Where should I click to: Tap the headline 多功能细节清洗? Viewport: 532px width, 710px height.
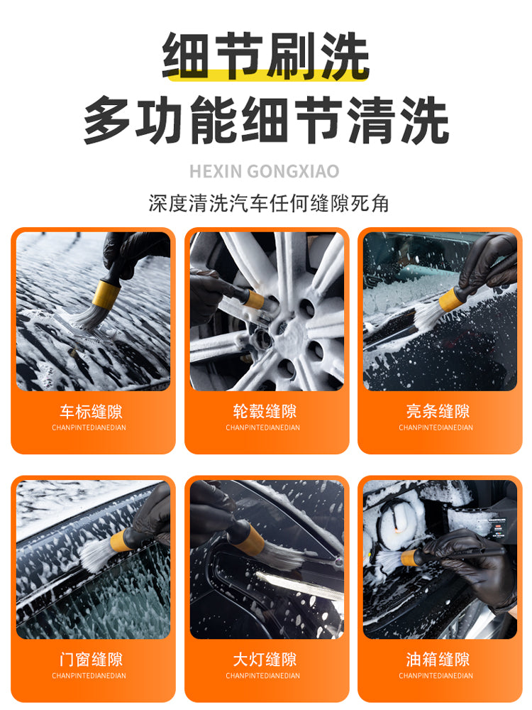click(266, 120)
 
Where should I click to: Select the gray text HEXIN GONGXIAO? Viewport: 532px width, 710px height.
click(265, 172)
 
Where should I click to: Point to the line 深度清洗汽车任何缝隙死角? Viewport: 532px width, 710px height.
click(269, 203)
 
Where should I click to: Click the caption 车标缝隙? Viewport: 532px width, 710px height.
click(91, 412)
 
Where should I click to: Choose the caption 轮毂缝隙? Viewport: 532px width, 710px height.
click(265, 412)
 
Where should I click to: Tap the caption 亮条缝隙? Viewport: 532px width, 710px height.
click(438, 412)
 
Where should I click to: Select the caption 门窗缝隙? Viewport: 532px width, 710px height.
click(91, 660)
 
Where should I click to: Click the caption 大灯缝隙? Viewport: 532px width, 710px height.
click(265, 660)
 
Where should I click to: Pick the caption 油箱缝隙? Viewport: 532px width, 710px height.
click(438, 660)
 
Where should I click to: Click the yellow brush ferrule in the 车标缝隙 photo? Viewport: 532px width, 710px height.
click(106, 293)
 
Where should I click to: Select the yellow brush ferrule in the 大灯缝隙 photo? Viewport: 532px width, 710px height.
click(252, 537)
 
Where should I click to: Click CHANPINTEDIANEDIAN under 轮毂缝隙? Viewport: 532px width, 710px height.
click(263, 428)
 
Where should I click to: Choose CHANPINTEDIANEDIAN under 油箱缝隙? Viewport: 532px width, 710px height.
click(436, 676)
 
